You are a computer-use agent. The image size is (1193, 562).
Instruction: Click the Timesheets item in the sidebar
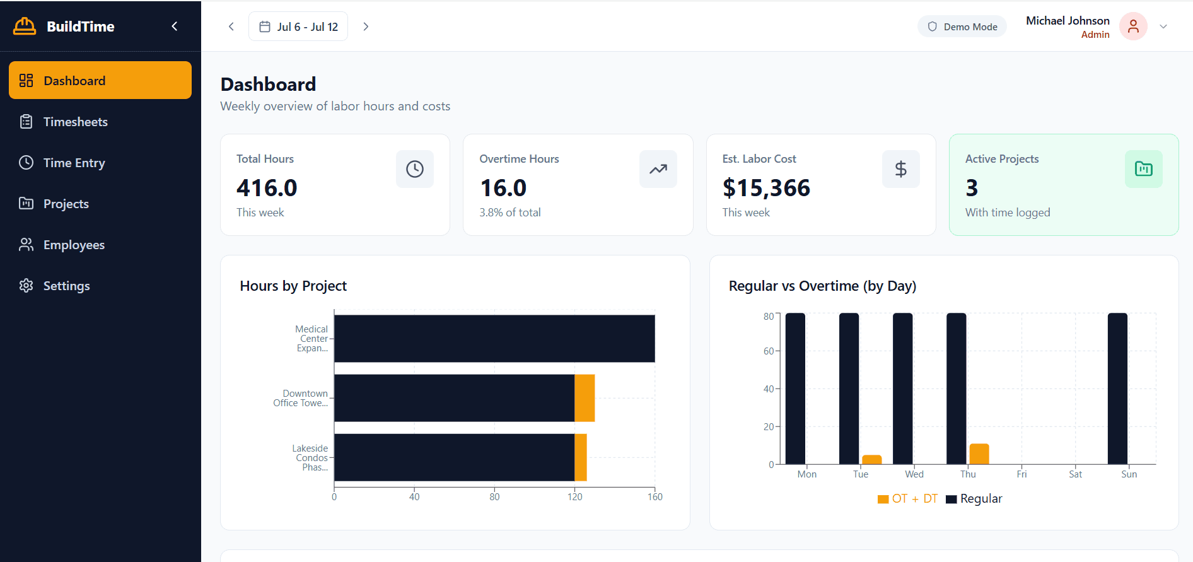(x=75, y=122)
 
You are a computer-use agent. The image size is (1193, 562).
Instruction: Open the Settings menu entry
(x=66, y=286)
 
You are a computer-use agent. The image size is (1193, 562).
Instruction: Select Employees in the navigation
(x=74, y=245)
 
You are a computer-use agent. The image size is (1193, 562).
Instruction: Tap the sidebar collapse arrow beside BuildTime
(x=175, y=26)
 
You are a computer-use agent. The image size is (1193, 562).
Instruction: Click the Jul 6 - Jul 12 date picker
(x=298, y=26)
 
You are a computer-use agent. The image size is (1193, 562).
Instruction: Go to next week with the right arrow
(x=366, y=26)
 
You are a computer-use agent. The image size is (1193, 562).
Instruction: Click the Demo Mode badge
(x=962, y=26)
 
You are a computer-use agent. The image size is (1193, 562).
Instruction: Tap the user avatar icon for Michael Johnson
(x=1133, y=26)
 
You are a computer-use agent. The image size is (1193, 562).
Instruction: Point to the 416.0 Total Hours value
(x=267, y=188)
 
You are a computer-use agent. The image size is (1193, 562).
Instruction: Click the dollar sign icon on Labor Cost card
(x=900, y=169)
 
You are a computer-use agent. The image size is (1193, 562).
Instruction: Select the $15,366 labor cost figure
(x=766, y=188)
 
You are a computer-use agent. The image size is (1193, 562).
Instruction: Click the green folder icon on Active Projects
(x=1143, y=169)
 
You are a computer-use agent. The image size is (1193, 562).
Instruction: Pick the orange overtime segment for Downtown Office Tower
(x=585, y=398)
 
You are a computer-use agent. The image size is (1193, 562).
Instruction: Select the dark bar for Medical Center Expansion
(x=494, y=339)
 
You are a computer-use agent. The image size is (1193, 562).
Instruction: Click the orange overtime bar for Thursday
(x=979, y=454)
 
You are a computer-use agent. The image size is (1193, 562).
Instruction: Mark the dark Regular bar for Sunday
(x=1117, y=389)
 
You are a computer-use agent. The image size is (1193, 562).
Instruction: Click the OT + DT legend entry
(x=907, y=499)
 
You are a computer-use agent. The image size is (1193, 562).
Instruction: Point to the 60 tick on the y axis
(x=769, y=351)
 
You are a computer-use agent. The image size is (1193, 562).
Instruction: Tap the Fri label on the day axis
(x=1021, y=474)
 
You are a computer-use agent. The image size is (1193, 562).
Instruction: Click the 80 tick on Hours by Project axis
(x=494, y=497)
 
